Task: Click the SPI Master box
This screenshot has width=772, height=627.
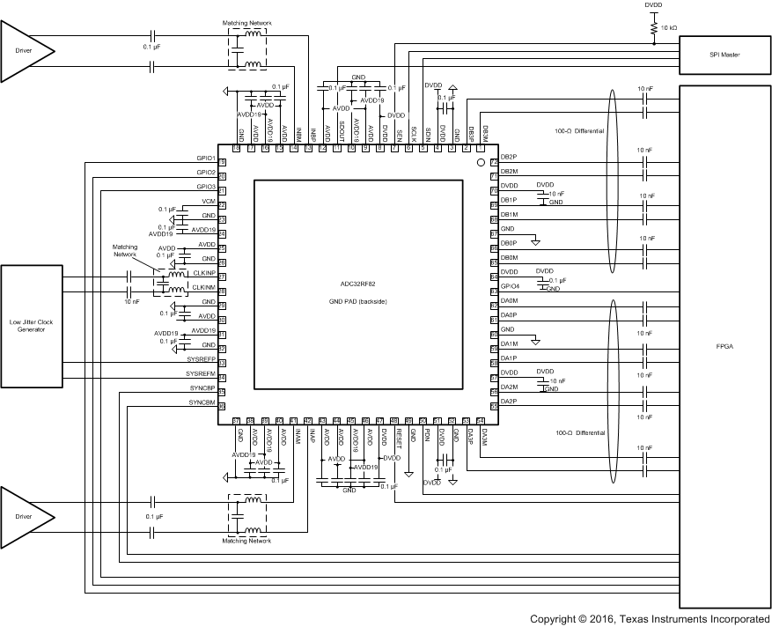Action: pyautogui.click(x=725, y=55)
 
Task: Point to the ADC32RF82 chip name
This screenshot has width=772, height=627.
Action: pyautogui.click(x=357, y=285)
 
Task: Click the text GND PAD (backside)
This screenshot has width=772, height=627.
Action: pyautogui.click(x=357, y=302)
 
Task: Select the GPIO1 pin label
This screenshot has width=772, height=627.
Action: pyautogui.click(x=206, y=158)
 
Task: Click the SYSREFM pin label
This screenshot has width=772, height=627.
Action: pyautogui.click(x=202, y=374)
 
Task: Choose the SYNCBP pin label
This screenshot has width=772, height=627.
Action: pyautogui.click(x=202, y=388)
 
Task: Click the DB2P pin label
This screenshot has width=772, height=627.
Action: pyautogui.click(x=509, y=158)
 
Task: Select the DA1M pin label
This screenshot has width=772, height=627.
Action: pyautogui.click(x=509, y=343)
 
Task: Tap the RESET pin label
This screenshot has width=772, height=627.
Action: pyautogui.click(x=398, y=437)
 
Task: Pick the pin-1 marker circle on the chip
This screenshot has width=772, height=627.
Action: pyautogui.click(x=481, y=163)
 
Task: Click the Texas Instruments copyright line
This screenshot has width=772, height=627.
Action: pyautogui.click(x=650, y=619)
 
